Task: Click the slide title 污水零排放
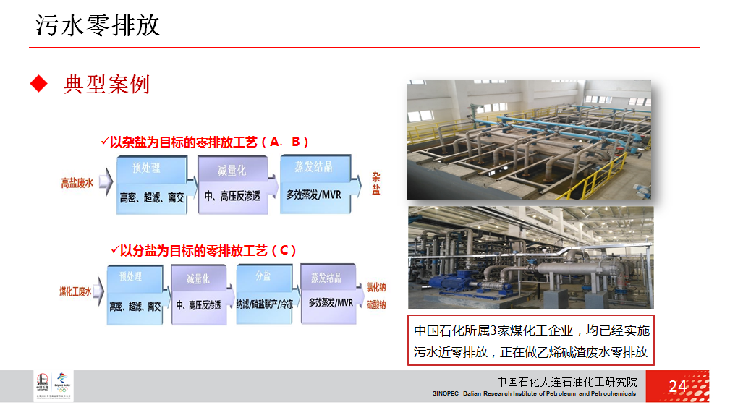tap(98, 26)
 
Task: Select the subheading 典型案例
tap(106, 84)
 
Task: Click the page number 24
tap(677, 386)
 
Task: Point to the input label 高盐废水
tap(77, 184)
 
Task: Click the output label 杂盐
tap(375, 184)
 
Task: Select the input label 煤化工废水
tap(75, 291)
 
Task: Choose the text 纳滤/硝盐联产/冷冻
tap(265, 304)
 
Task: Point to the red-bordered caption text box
tap(530, 341)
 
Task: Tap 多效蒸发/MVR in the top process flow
tap(313, 195)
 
